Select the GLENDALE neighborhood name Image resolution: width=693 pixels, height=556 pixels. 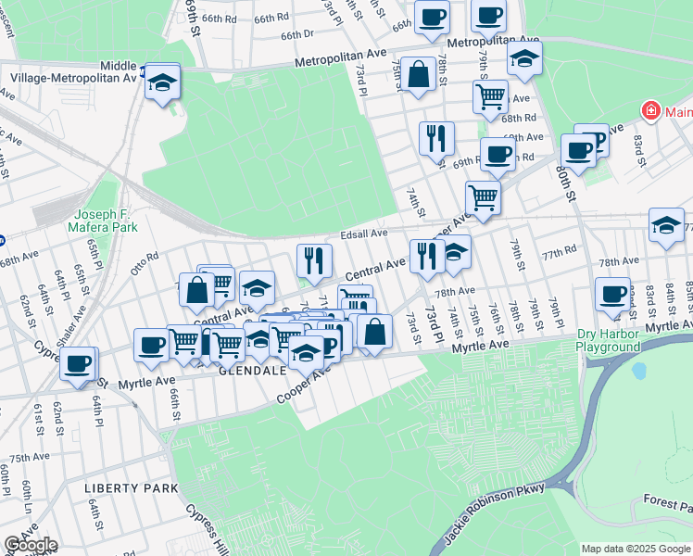(x=251, y=370)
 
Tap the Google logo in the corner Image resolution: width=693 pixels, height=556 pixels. (x=31, y=545)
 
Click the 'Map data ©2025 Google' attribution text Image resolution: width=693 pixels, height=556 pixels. (x=635, y=549)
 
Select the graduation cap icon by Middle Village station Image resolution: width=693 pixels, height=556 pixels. (x=162, y=82)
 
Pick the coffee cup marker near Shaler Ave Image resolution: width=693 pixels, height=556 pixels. (x=79, y=362)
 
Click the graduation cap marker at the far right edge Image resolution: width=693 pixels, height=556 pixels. (x=666, y=225)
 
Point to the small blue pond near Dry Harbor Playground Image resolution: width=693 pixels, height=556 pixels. (x=638, y=371)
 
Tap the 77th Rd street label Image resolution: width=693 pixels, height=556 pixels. (x=560, y=250)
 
